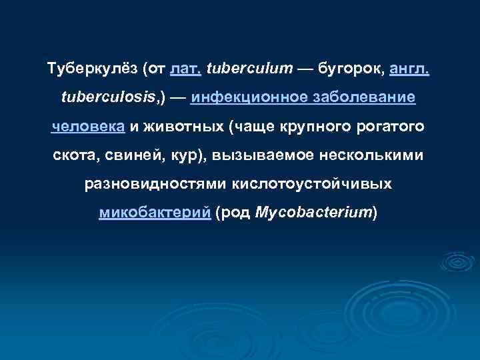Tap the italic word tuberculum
[x=240, y=68]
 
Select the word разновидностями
[x=156, y=183]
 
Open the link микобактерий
[x=155, y=213]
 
